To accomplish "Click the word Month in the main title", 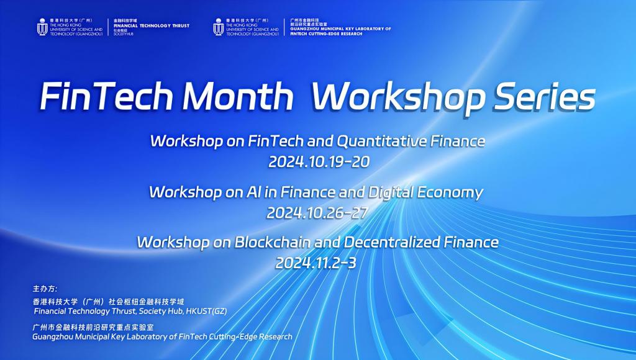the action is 238,96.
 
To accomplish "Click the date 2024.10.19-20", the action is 319,162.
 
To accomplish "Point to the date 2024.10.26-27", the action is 317,213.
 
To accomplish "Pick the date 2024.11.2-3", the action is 316,263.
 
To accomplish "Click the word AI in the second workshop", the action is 253,192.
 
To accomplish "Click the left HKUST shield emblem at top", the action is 42,27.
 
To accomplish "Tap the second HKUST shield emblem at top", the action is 218,27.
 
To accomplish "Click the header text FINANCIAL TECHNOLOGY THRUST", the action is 152,25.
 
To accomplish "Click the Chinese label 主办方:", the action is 45,289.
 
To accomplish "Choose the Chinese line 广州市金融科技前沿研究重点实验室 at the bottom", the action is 93,327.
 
